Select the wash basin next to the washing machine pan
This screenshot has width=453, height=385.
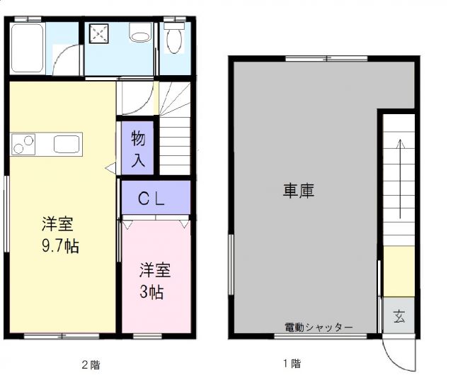tap(140, 33)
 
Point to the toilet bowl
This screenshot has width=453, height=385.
tap(174, 39)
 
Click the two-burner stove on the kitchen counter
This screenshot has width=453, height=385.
tap(24, 143)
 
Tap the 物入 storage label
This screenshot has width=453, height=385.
tap(138, 149)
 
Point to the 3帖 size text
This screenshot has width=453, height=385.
tap(152, 291)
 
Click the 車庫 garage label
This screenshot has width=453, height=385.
tap(299, 190)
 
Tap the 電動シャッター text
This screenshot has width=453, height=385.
tap(319, 327)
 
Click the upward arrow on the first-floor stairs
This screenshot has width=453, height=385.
tap(400, 177)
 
